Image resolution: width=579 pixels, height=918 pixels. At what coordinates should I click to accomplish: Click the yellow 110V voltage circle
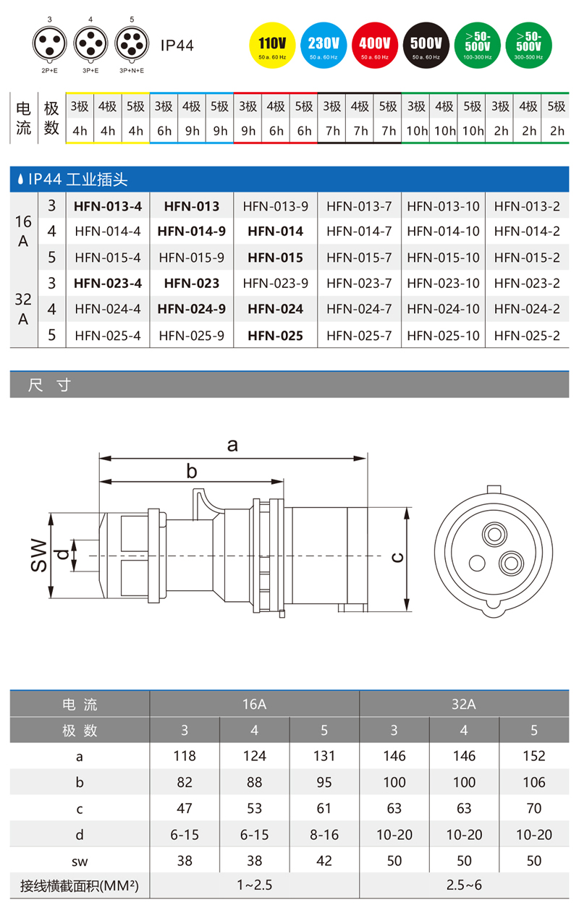(x=271, y=45)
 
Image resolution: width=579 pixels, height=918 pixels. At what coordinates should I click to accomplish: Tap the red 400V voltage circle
(x=375, y=45)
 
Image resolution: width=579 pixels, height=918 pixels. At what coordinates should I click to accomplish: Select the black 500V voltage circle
(x=426, y=45)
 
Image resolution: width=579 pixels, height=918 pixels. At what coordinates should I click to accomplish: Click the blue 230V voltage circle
(x=324, y=45)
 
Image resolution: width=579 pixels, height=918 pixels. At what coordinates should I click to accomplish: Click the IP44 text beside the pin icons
(x=177, y=45)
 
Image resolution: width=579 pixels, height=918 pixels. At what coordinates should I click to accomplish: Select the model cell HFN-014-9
(x=192, y=231)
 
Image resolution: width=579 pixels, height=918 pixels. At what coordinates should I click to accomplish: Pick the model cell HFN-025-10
(x=443, y=335)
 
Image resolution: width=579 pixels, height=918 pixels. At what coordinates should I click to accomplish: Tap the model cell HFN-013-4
(x=108, y=206)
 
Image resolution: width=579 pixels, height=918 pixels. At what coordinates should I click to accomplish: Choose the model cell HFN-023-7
(x=359, y=283)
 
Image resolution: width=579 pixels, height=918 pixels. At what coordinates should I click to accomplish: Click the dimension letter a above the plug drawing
(x=232, y=445)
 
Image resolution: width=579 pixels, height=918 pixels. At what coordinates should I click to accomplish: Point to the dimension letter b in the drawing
(x=192, y=472)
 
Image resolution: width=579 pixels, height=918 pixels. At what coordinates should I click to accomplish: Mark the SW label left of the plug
(x=40, y=556)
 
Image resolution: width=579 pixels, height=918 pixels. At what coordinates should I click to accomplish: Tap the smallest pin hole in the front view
(x=477, y=563)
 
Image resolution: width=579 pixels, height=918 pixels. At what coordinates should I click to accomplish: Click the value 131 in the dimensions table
(x=324, y=756)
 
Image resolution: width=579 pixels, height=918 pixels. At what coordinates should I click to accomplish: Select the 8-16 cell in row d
(x=324, y=834)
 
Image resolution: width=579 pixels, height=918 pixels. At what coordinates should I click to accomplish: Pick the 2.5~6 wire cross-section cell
(x=464, y=885)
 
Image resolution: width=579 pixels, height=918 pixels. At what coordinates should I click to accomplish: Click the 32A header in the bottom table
(x=464, y=704)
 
